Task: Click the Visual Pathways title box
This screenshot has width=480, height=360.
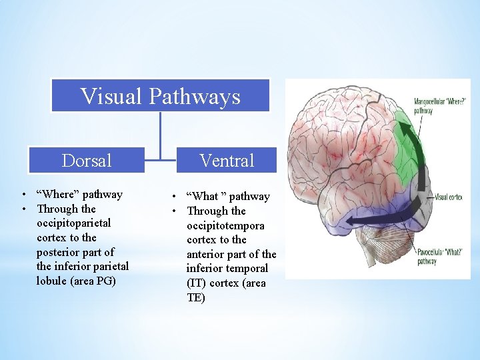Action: click(161, 96)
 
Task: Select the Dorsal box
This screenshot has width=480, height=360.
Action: click(87, 160)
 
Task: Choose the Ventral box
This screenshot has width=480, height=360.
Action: click(227, 160)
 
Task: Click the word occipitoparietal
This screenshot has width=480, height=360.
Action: click(73, 223)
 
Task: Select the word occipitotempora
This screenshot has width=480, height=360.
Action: click(225, 225)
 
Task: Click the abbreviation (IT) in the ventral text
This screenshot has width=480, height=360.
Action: click(197, 283)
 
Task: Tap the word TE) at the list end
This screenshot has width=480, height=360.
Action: click(196, 297)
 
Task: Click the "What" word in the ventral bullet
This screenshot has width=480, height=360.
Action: click(205, 196)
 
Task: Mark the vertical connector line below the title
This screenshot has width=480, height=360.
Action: click(161, 133)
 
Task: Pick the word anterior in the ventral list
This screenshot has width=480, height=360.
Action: click(207, 254)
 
